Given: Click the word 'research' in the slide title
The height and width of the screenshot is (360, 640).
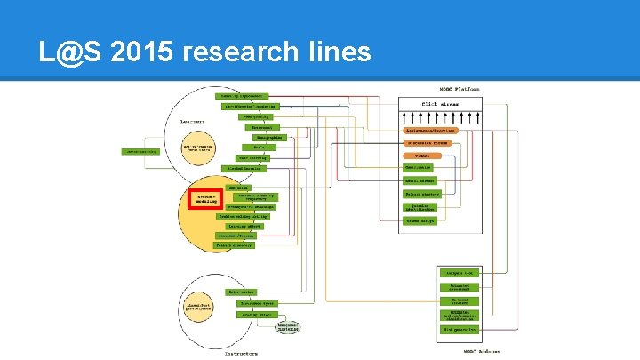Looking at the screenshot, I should click(242, 52).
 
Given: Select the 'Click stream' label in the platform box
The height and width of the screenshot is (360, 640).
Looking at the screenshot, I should click(439, 103).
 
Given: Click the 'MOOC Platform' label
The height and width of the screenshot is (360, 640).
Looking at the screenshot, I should click(460, 89).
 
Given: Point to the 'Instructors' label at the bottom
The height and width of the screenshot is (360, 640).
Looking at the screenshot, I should click(241, 353).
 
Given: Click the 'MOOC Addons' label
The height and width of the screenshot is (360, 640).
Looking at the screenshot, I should click(460, 353).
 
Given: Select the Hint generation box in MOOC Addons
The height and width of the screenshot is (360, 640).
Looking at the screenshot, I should click(460, 330).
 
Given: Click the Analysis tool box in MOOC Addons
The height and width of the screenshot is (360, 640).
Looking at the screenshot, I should click(460, 272).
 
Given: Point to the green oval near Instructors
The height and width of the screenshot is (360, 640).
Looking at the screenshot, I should click(286, 328).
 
